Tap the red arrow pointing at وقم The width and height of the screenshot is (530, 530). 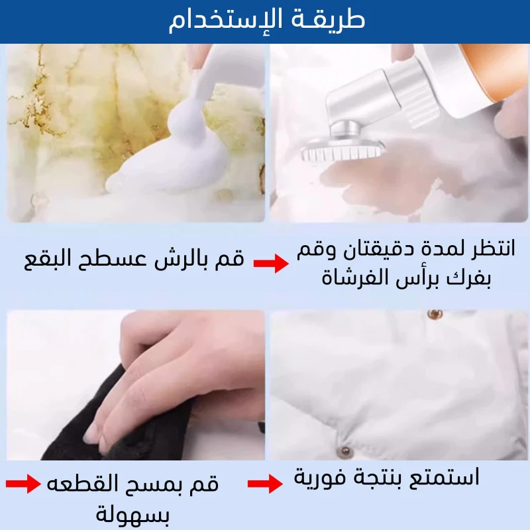tap(271, 263)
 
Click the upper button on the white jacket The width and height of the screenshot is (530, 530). tap(435, 314)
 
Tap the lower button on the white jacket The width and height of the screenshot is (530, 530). tap(345, 451)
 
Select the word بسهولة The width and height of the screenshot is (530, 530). tap(132, 514)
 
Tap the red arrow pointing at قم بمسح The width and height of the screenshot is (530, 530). tap(23, 484)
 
